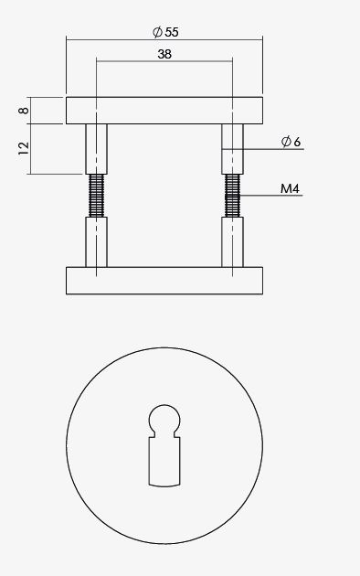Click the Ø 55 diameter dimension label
[165, 31]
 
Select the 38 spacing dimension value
[164, 54]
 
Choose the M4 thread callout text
[291, 189]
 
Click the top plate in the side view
[164, 110]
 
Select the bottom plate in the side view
[164, 280]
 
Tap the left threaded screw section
[96, 196]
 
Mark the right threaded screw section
[233, 196]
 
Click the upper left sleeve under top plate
[96, 148]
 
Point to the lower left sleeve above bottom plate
[96, 242]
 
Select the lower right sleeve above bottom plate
[233, 242]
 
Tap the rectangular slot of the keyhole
[164, 462]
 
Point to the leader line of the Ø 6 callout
[265, 149]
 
